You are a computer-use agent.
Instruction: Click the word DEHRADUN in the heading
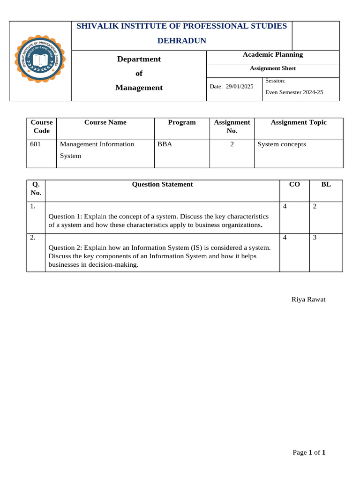coord(181,41)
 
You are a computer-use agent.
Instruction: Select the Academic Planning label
coord(272,55)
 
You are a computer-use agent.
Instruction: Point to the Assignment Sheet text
coord(272,68)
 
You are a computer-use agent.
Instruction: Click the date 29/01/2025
coord(240,87)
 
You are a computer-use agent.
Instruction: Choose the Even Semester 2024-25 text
coord(294,92)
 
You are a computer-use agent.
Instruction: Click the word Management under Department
coord(139,88)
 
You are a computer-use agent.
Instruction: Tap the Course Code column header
coord(42,127)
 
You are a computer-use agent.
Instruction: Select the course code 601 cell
coord(35,144)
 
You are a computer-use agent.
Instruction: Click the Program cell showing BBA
coord(165,144)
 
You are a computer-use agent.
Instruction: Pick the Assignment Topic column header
coord(299,122)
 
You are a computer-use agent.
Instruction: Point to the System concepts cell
coord(281,144)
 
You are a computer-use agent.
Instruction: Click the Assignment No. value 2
coord(232,144)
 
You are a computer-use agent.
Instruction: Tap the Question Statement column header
coord(162,184)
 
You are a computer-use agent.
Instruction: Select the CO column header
coord(294,184)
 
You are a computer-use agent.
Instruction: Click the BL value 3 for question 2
coord(315,238)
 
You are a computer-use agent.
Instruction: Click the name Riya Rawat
coord(308,300)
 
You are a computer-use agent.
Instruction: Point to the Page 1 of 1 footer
coord(309,452)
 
